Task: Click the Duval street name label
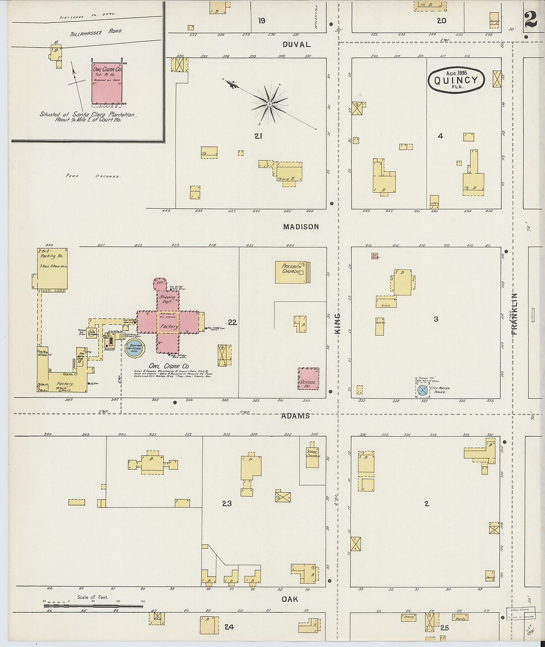(296, 44)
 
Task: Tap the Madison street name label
(301, 227)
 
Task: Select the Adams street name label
(295, 416)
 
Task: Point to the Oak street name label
(290, 599)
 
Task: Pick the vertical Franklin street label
(514, 314)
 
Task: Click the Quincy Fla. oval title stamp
(456, 80)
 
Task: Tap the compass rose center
(269, 104)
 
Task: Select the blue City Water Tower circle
(423, 390)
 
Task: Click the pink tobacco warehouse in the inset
(107, 83)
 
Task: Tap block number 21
(258, 136)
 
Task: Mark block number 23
(226, 504)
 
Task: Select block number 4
(440, 136)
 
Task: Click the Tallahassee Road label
(104, 31)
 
